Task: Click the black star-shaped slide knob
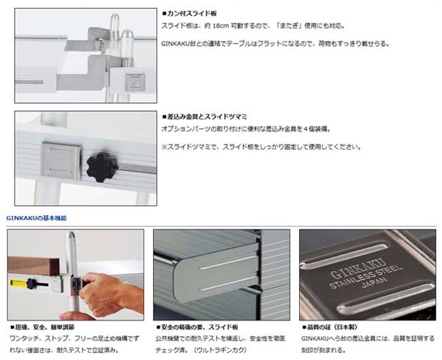pyautogui.click(x=102, y=167)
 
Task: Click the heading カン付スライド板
pyautogui.click(x=190, y=13)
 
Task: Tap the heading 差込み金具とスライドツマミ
pyautogui.click(x=205, y=116)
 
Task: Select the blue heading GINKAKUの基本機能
pyautogui.click(x=36, y=218)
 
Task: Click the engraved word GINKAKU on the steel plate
pyautogui.click(x=358, y=268)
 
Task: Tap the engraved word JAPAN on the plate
pyautogui.click(x=374, y=282)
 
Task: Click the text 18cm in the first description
pyautogui.click(x=221, y=26)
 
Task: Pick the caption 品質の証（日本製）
pyautogui.click(x=330, y=327)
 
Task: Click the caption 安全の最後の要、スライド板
pyautogui.click(x=197, y=327)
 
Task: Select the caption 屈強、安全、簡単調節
pyautogui.click(x=42, y=327)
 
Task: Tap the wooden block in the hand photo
pyautogui.click(x=33, y=265)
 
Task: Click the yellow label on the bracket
pyautogui.click(x=18, y=283)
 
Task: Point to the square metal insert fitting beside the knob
pyautogui.click(x=61, y=161)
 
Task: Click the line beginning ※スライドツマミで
pyautogui.click(x=261, y=147)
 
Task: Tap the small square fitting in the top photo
pyautogui.click(x=135, y=82)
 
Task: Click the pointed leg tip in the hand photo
pyautogui.click(x=71, y=236)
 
